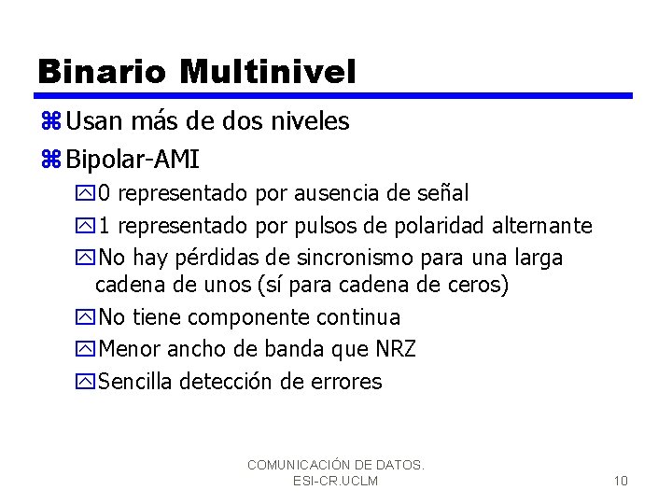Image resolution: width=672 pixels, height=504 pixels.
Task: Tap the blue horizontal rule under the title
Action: click(x=333, y=95)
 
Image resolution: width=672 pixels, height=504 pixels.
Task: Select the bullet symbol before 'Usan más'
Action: click(x=50, y=121)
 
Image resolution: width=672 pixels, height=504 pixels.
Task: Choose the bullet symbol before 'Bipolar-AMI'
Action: click(x=50, y=159)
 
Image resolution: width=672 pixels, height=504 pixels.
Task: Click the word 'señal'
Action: click(x=441, y=193)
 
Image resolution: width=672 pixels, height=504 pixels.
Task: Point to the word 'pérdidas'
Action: click(x=221, y=257)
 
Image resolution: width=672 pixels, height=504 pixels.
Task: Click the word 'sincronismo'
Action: click(x=355, y=257)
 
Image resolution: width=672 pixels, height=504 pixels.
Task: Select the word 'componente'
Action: click(x=235, y=317)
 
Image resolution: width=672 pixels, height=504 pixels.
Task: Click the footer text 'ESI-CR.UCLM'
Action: click(x=335, y=481)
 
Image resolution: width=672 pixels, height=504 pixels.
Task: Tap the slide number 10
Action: click(x=621, y=481)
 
